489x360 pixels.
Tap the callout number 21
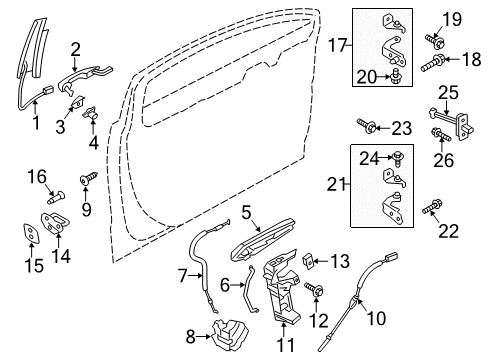click(337, 184)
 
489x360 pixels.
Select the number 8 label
click(191, 335)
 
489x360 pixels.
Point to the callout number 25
click(446, 120)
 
